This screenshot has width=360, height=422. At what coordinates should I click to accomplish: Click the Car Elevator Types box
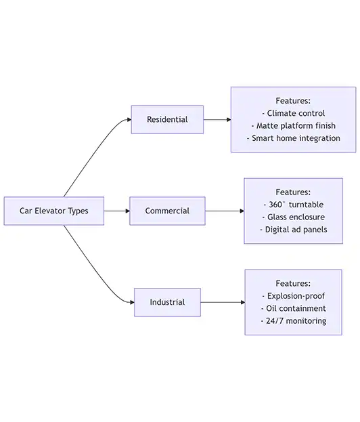[x=54, y=211]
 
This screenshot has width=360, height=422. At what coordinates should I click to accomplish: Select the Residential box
[x=167, y=119]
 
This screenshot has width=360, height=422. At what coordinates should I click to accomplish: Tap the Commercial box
[x=168, y=211]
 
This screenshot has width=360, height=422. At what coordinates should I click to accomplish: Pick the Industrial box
[x=167, y=302]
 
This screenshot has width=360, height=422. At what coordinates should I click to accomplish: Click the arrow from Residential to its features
[x=217, y=119]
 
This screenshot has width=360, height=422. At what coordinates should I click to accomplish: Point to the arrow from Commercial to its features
[x=225, y=211]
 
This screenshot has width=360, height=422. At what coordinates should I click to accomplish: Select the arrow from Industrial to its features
[x=223, y=302]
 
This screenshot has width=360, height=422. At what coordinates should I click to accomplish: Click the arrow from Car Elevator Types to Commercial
[x=117, y=211]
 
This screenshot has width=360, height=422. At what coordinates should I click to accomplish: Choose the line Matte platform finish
[x=293, y=126]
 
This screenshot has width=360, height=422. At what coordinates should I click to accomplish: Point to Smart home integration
[x=293, y=138]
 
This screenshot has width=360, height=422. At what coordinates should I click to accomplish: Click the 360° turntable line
[x=293, y=205]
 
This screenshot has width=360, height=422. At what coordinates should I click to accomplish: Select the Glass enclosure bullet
[x=293, y=217]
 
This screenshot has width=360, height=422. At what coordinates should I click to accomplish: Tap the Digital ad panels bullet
[x=293, y=230]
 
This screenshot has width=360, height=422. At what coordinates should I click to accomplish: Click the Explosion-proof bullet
[x=293, y=296]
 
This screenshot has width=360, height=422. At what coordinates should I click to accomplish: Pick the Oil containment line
[x=293, y=308]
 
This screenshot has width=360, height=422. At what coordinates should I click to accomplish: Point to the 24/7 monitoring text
[x=293, y=321]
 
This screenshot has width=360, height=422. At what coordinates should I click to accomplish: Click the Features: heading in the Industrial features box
[x=293, y=283]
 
